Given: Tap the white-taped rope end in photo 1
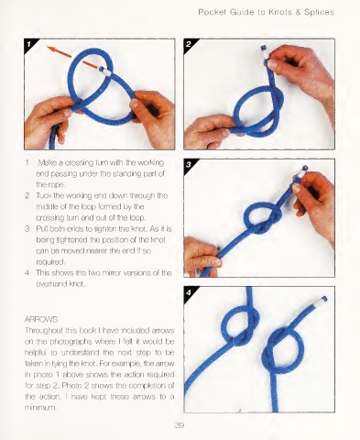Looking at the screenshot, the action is (104, 71).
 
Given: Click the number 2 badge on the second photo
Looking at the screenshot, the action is (189, 44).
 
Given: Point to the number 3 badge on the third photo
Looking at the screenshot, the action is (189, 164).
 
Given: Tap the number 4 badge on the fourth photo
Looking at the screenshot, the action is (189, 292).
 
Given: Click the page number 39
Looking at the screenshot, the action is (180, 425).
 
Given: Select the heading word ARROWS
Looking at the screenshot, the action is (41, 319).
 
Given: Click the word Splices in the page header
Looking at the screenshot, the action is (319, 12).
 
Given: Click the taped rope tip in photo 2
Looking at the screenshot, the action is (265, 54).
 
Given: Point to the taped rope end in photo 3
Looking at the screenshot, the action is (301, 172).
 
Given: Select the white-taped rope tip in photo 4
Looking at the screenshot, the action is (322, 301).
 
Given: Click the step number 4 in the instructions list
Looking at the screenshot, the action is (27, 272).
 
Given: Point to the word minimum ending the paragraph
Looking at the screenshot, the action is (40, 408).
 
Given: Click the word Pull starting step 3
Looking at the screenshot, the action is (42, 228).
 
